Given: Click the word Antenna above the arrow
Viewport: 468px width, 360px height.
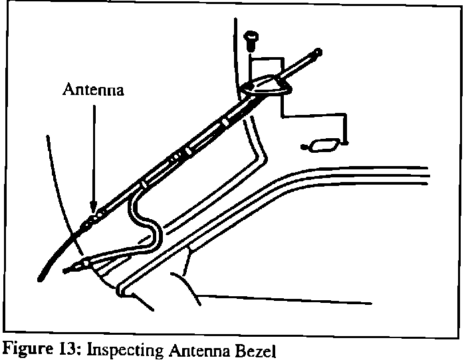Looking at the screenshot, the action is coord(93,90).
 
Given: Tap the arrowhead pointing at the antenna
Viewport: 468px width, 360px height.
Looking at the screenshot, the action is coord(94,205).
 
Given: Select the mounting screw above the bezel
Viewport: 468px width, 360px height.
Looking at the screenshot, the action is coord(251,39).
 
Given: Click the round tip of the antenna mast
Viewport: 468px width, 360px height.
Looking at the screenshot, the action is coord(318,52).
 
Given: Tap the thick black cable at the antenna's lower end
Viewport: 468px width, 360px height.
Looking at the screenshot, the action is coord(57,253).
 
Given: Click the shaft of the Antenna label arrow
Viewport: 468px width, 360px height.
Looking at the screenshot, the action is coord(94,153).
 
